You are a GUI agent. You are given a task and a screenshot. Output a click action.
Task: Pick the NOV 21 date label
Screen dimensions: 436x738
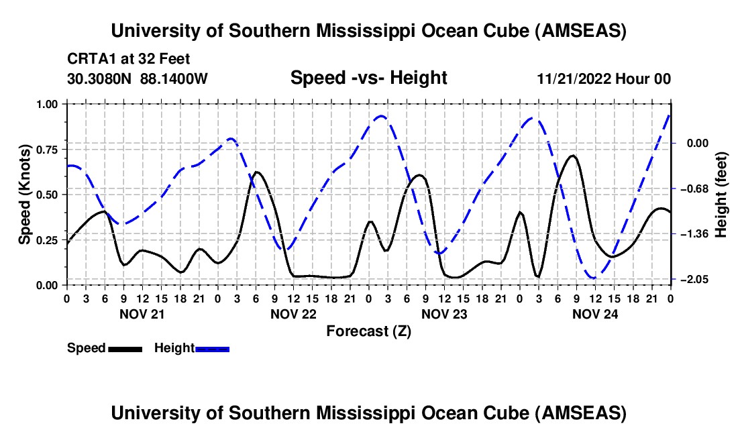[x=142, y=313]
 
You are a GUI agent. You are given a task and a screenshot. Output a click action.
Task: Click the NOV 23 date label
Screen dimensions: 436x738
[x=443, y=313]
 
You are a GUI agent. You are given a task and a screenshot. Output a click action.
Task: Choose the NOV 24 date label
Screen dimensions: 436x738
[x=594, y=313]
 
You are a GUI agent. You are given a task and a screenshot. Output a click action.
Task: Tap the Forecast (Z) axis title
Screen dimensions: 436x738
[x=368, y=331]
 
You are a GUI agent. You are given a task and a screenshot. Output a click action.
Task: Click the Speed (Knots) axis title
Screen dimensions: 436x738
[x=24, y=195]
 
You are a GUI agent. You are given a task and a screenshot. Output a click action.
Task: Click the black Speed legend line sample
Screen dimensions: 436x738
[x=125, y=349]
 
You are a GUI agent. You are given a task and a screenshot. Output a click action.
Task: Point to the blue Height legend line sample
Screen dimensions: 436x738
[x=212, y=349]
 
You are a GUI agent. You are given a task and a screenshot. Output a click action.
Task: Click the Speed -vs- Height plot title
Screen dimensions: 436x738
[x=368, y=78]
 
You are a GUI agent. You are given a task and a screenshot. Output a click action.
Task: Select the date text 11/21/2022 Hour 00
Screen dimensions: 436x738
[x=604, y=79]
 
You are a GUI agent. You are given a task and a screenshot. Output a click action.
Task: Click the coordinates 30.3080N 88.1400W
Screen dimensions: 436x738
[x=138, y=79]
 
